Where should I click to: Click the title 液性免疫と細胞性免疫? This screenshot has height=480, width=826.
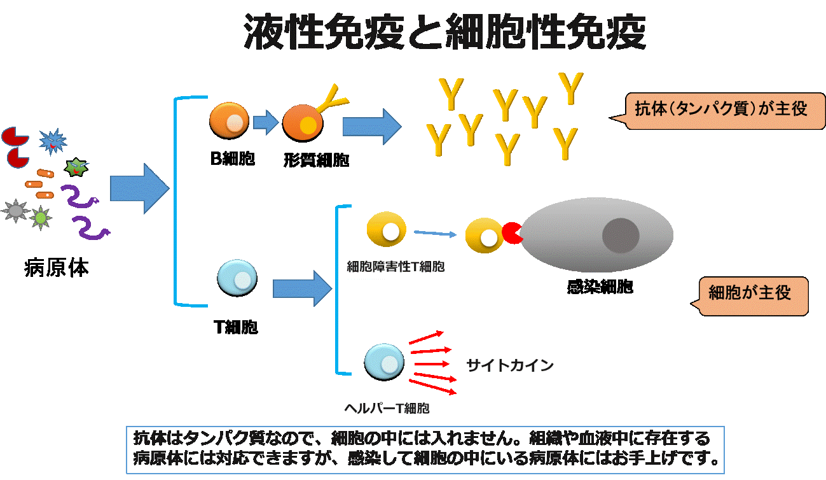(445, 33)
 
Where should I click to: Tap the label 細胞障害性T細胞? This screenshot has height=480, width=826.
(396, 268)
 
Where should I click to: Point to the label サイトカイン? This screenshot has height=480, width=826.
(521, 367)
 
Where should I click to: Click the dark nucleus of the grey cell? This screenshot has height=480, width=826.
(620, 236)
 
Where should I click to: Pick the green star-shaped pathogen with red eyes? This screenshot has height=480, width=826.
(76, 167)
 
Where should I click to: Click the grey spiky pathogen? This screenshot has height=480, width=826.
(15, 210)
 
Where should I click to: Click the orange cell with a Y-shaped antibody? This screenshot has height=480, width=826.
(303, 122)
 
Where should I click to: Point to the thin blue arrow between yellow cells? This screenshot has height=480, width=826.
(435, 234)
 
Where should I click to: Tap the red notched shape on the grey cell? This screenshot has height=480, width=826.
(512, 234)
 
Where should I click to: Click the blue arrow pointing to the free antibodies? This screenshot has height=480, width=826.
(371, 126)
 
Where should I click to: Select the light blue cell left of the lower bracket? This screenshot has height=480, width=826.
(237, 277)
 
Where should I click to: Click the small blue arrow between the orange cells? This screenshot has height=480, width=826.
(266, 122)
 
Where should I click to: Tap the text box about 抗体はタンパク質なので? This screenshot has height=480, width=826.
(425, 449)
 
